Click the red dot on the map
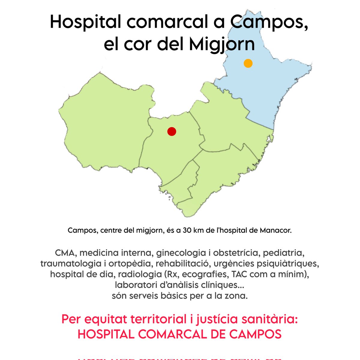pos(172,131)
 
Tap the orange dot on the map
pos(248,63)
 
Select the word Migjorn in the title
pos(222,44)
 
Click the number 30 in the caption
pos(187,231)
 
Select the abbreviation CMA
pos(66,253)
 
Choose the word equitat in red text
pos(102,319)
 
